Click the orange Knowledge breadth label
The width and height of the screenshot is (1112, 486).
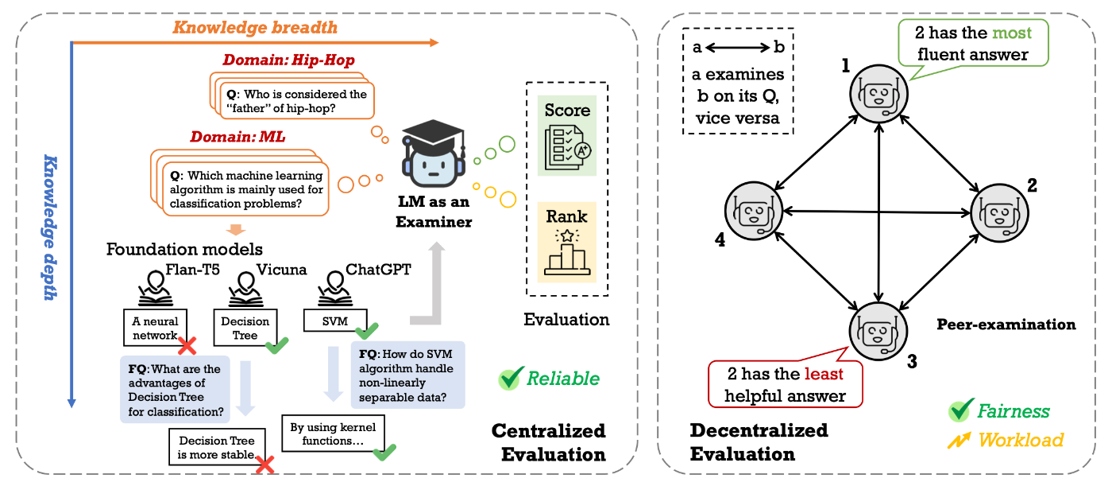coord(255,28)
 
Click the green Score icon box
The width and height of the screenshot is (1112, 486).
coord(566,136)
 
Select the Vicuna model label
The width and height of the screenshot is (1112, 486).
coord(280,269)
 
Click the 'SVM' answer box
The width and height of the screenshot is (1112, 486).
coord(330,321)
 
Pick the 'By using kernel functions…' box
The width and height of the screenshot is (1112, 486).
coord(332,434)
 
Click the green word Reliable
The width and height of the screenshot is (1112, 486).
coord(563,379)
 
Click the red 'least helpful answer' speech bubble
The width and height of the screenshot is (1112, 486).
coord(786,385)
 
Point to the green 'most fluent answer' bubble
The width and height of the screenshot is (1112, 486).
coord(972,44)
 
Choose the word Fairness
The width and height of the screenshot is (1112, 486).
coord(1013,411)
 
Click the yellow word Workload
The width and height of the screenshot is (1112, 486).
coord(1020,439)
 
